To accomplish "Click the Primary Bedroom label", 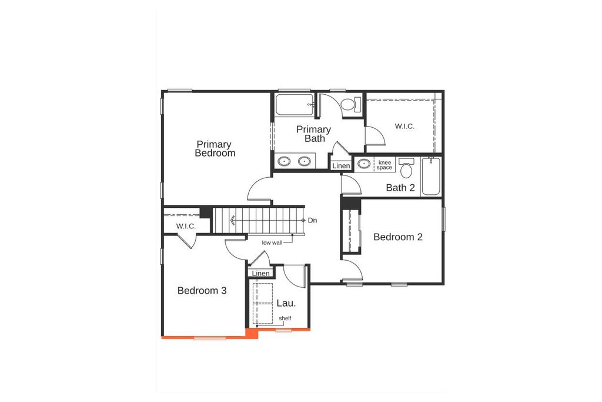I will point(215,148).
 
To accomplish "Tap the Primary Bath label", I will point(314,134).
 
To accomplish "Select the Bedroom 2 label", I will point(398,237).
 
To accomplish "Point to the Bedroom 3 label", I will point(202,290).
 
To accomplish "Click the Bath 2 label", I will point(400,188).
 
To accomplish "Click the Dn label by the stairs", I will point(313,220).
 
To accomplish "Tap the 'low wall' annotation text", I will point(272,242).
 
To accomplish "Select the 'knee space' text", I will point(384,165).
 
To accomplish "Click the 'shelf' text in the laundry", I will point(285,318).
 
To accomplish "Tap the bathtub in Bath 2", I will point(430,176).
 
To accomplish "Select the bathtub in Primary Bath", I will point(294,105).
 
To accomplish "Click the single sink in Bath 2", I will point(364,164).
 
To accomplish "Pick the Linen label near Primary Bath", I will point(341,166).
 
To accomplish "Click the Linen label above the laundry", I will point(260,274).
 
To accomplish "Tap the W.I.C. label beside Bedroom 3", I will point(186,227).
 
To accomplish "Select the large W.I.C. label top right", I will point(404,126).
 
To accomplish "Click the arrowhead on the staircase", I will point(233,221).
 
